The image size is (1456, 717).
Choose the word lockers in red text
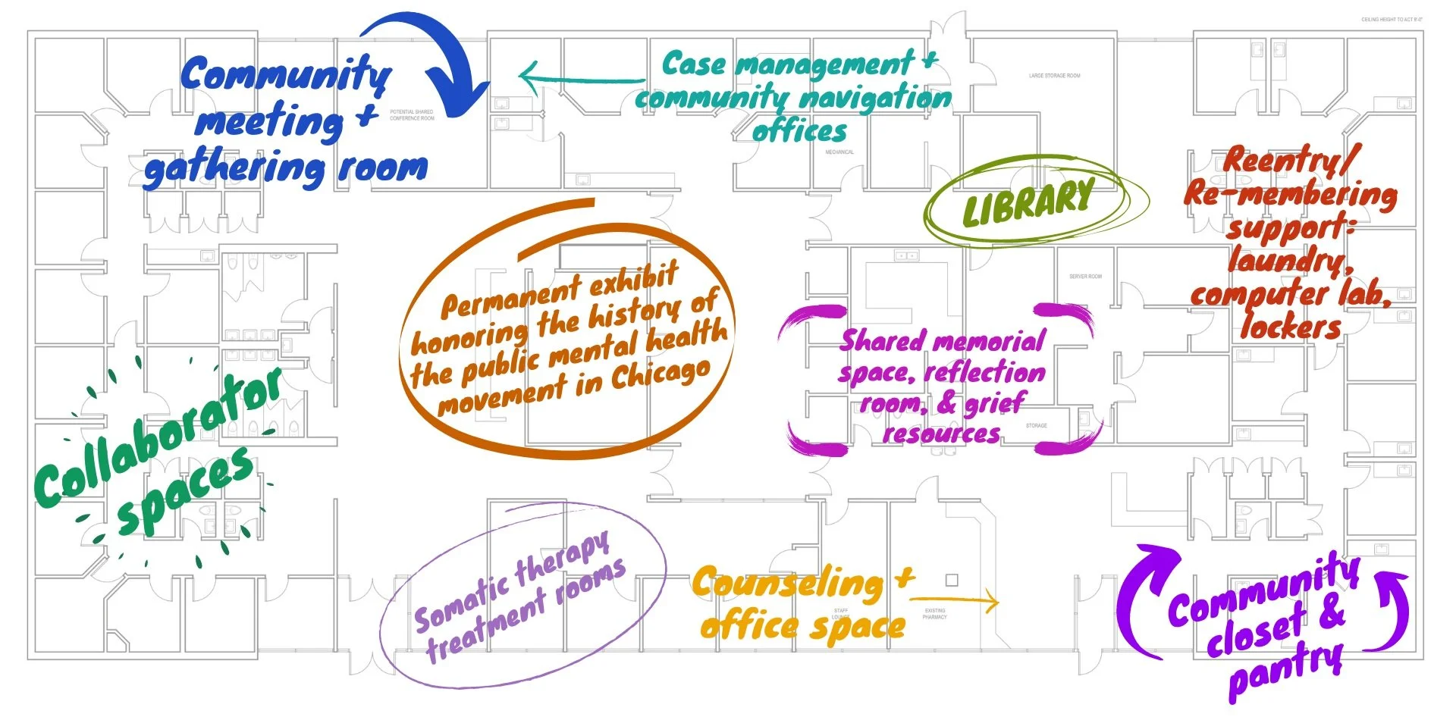[1291, 327]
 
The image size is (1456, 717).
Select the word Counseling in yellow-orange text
[788, 584]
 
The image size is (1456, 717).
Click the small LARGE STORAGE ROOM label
[1054, 76]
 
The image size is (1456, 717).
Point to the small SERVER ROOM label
[1085, 277]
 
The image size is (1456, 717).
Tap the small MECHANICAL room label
[839, 152]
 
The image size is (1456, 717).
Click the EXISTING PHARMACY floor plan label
[934, 613]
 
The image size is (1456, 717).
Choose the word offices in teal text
[799, 131]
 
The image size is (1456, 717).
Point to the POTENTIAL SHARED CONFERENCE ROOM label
[412, 115]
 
